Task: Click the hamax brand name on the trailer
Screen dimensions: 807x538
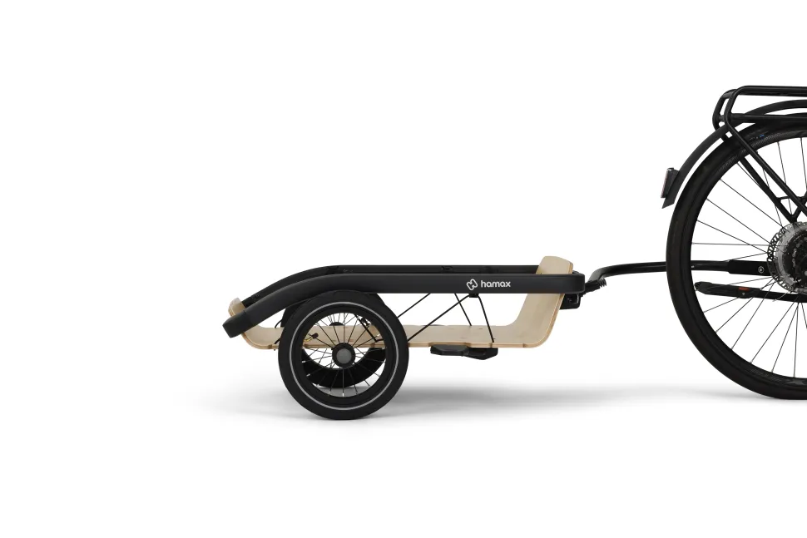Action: click(x=496, y=284)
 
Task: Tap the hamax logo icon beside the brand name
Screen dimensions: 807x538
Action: click(x=472, y=284)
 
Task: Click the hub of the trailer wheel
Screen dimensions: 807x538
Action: click(x=343, y=355)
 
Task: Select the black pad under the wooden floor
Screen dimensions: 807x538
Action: click(x=463, y=352)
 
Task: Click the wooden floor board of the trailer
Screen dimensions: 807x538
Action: click(x=453, y=337)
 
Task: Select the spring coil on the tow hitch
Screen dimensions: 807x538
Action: click(x=598, y=281)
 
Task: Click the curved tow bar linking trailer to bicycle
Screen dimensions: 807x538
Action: click(x=633, y=266)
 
